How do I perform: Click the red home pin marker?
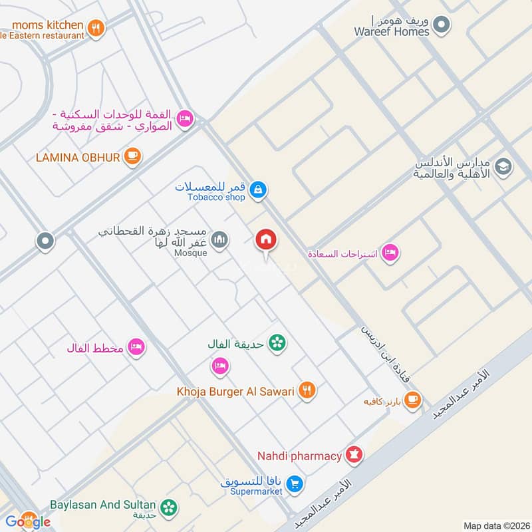(x=266, y=239)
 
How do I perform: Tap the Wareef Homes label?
(x=392, y=31)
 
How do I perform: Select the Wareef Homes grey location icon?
(x=441, y=26)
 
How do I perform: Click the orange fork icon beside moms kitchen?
(x=96, y=29)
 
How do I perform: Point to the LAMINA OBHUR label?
(x=78, y=157)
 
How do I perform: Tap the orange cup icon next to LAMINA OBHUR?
(x=133, y=156)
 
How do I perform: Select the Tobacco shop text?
(x=215, y=198)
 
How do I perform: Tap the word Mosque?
(x=191, y=253)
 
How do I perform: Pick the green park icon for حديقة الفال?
(x=277, y=343)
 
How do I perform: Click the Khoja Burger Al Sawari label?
(x=235, y=392)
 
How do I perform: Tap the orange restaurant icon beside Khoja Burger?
(x=307, y=390)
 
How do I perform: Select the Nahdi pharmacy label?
(x=299, y=456)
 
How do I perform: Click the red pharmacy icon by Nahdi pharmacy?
(x=354, y=456)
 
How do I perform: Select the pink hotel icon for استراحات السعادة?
(x=390, y=253)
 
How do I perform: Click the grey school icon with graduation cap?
(x=503, y=166)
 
